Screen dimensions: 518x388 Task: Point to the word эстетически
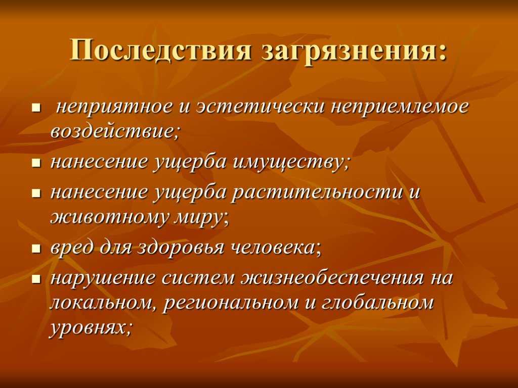coord(260,107)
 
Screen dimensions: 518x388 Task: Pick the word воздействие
coord(114,131)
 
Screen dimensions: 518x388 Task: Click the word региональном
coord(231,304)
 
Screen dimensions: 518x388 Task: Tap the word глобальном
coord(377,303)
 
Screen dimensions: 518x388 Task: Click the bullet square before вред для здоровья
coord(36,248)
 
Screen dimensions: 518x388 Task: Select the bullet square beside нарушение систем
coord(36,279)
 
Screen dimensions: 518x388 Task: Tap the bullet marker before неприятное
coord(36,108)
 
